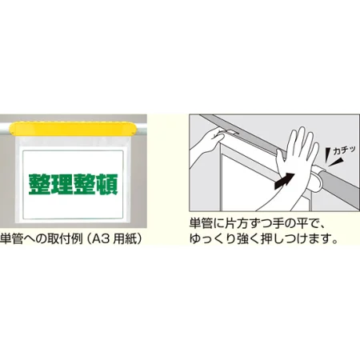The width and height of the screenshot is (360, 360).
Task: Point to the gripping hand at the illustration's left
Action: point(210,142)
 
